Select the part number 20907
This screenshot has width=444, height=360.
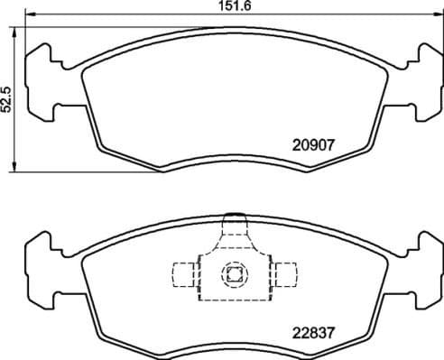(313, 143)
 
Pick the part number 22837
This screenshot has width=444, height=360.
(313, 332)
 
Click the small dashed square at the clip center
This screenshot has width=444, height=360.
(234, 275)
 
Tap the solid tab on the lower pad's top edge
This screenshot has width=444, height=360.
(234, 217)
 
